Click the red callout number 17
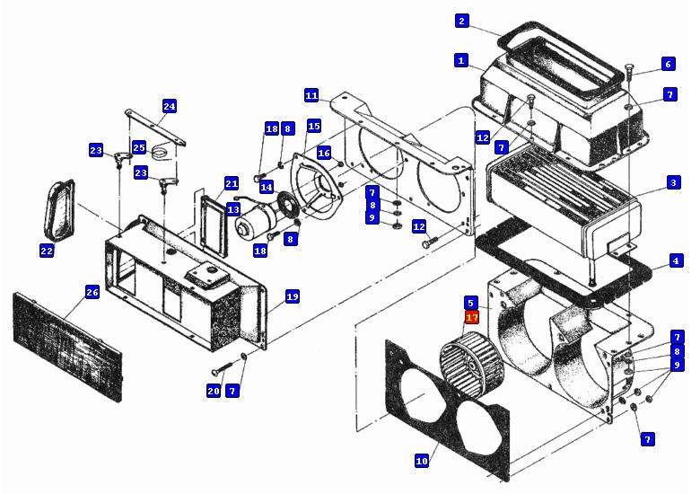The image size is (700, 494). pyautogui.click(x=472, y=317)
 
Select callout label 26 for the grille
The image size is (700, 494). pyautogui.click(x=92, y=291)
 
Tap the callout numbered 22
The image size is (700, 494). pyautogui.click(x=47, y=251)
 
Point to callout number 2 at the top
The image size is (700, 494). pyautogui.click(x=461, y=21)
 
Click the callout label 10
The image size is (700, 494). pyautogui.click(x=422, y=461)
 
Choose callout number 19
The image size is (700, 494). pyautogui.click(x=292, y=296)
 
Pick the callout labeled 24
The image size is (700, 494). pyautogui.click(x=169, y=106)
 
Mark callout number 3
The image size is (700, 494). pyautogui.click(x=673, y=182)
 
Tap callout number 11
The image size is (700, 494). pyautogui.click(x=311, y=95)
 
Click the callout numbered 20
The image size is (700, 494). pyautogui.click(x=214, y=391)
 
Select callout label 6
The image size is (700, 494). pyautogui.click(x=668, y=64)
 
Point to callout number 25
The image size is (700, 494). pyautogui.click(x=139, y=147)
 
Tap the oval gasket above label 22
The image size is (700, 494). pyautogui.click(x=57, y=207)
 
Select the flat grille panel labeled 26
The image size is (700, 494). pyautogui.click(x=67, y=341)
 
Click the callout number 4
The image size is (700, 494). pyautogui.click(x=675, y=261)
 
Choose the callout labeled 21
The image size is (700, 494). pyautogui.click(x=232, y=183)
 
